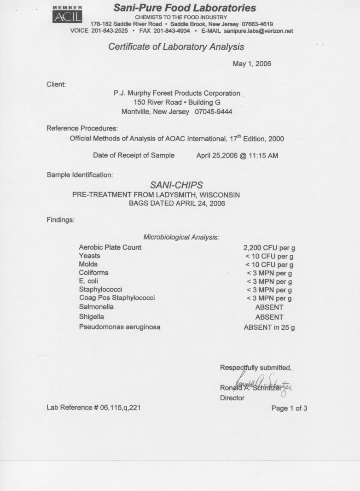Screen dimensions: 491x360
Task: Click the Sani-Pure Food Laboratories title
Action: pos(185,8)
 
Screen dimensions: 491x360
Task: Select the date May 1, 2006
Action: pos(252,64)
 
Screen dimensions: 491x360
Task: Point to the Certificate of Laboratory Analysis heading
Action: pos(176,47)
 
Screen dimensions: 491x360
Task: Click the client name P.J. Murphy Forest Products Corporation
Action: pos(177,93)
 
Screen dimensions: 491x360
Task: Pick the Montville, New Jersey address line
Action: pos(177,111)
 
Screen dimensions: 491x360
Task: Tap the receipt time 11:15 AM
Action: pos(265,155)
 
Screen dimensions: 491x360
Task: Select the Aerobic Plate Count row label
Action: pos(110,247)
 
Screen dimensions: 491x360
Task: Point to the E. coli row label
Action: pos(88,281)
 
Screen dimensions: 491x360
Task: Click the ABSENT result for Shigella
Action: pos(269,317)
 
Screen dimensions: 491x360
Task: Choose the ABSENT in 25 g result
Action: pos(269,328)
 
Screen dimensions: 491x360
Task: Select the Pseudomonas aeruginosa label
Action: pos(120,327)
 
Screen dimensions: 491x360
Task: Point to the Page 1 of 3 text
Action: pos(289,408)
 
